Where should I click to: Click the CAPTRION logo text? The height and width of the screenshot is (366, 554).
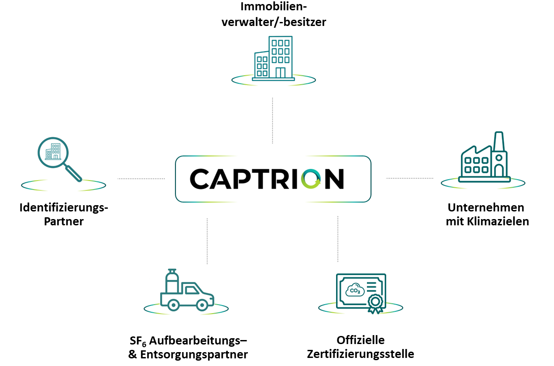[x=267, y=179]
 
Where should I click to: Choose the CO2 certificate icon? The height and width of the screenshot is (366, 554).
[x=361, y=292]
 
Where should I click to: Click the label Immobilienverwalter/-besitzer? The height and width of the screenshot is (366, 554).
[x=273, y=14]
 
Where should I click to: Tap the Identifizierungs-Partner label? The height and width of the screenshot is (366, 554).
[x=64, y=215]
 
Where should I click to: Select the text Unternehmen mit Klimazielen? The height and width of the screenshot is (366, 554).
[x=487, y=215]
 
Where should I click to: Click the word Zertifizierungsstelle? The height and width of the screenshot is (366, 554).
[x=360, y=354]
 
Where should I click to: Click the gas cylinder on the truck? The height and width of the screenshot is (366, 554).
[x=170, y=281]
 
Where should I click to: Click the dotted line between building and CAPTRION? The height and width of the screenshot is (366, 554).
[x=272, y=120]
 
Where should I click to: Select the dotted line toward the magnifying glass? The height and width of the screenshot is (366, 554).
[x=141, y=179]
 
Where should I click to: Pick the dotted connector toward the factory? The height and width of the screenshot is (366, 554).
[x=409, y=178]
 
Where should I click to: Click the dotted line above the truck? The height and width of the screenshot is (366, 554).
[x=207, y=241]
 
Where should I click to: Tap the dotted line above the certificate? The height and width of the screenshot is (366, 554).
[x=338, y=239]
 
